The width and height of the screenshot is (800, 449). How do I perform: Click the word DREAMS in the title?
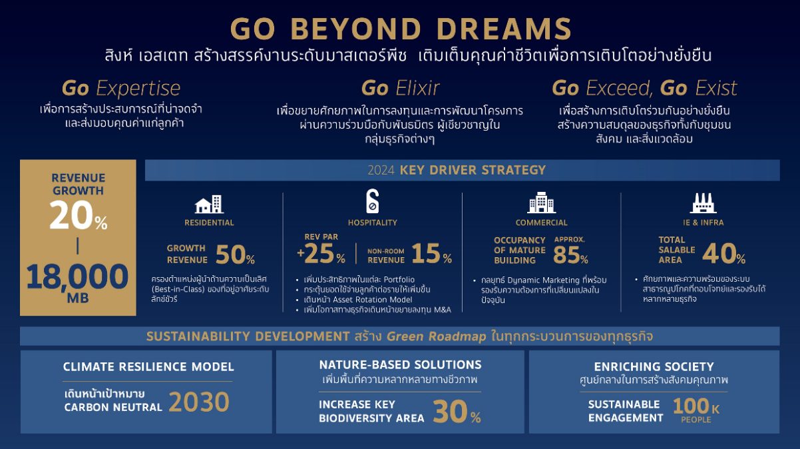[x=504, y=29]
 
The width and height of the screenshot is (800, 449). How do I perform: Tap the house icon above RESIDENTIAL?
[x=209, y=204]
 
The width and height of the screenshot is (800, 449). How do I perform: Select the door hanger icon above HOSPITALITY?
[x=373, y=201]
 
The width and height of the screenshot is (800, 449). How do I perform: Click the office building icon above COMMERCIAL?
[x=541, y=203]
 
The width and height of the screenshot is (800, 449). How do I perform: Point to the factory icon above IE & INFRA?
[x=703, y=203]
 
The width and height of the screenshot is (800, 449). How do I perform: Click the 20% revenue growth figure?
[x=79, y=215]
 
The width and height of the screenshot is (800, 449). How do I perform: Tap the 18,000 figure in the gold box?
[x=77, y=276]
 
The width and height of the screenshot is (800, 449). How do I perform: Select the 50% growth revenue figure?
[x=235, y=254]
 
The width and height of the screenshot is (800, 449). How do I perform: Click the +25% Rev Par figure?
[x=321, y=253]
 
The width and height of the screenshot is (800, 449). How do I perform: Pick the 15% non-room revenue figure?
[x=431, y=253]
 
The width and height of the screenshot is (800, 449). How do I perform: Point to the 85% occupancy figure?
[x=570, y=254]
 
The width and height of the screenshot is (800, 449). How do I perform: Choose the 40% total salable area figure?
[x=724, y=254]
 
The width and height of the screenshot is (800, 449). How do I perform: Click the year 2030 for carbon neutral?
[x=199, y=402]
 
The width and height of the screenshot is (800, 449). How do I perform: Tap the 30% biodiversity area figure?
[x=457, y=412]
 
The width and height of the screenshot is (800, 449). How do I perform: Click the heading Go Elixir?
[x=400, y=88]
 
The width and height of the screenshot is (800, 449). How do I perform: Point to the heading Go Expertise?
[x=121, y=89]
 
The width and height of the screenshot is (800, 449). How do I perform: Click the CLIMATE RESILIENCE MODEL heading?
[x=148, y=367]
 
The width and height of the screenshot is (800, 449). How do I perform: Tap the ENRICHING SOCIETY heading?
[x=654, y=367]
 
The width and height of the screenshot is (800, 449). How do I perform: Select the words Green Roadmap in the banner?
[x=436, y=336]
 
